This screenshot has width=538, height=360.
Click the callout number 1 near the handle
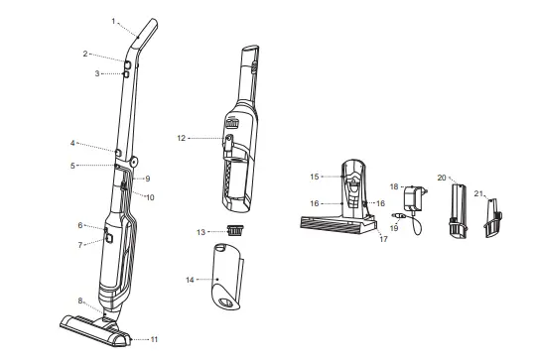click(x=115, y=20)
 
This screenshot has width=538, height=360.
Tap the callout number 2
click(x=114, y=54)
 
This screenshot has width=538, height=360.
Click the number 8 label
click(x=80, y=300)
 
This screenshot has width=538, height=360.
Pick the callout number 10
click(x=151, y=197)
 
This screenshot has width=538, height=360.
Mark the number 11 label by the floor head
click(x=154, y=339)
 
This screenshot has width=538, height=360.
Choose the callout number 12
click(x=182, y=138)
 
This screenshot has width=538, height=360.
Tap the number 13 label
click(x=201, y=231)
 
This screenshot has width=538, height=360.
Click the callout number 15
click(x=314, y=177)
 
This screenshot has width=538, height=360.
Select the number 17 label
click(x=382, y=239)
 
